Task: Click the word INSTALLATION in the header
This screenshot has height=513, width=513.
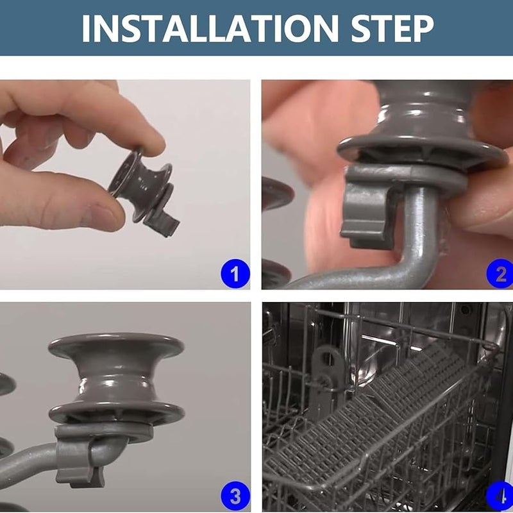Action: click(210, 28)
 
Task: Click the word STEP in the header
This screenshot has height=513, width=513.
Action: click(392, 28)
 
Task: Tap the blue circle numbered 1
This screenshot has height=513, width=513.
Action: click(235, 274)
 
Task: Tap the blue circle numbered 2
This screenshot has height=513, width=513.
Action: click(500, 274)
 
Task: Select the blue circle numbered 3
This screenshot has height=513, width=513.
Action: click(235, 496)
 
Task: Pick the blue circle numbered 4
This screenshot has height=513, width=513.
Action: click(500, 496)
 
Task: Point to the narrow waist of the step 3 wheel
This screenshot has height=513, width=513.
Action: click(116, 381)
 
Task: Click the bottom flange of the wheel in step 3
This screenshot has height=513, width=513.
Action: click(117, 412)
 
